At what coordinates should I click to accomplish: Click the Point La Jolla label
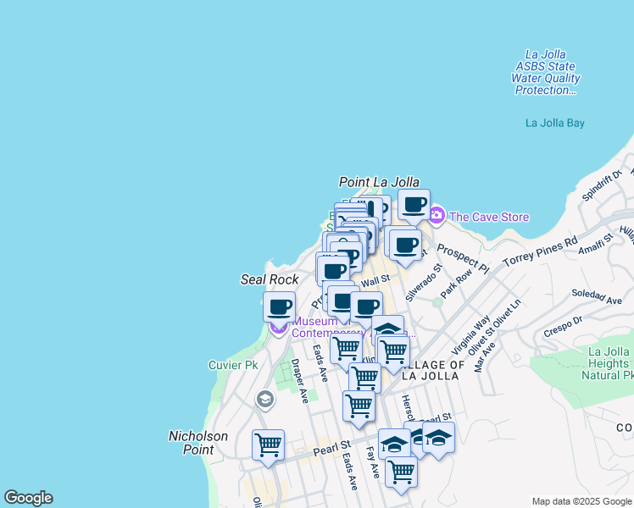tap(379, 182)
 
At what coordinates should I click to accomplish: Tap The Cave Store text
tap(489, 217)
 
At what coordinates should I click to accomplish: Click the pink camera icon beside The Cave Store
tap(437, 216)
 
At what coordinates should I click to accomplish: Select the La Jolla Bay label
tap(554, 123)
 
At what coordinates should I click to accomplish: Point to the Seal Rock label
tap(270, 279)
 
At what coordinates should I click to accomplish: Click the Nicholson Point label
tap(198, 443)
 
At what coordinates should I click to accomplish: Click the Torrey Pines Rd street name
tap(540, 251)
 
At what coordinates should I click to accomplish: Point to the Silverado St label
tap(423, 283)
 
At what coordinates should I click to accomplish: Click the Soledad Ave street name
tap(597, 299)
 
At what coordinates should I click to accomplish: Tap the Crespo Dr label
tap(564, 326)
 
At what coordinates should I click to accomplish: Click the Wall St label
tap(375, 279)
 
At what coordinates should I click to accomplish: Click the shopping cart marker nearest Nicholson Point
tap(268, 444)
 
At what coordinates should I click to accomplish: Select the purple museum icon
tap(279, 327)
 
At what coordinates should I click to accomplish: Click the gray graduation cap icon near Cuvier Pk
tap(265, 399)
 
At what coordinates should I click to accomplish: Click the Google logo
tap(28, 498)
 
